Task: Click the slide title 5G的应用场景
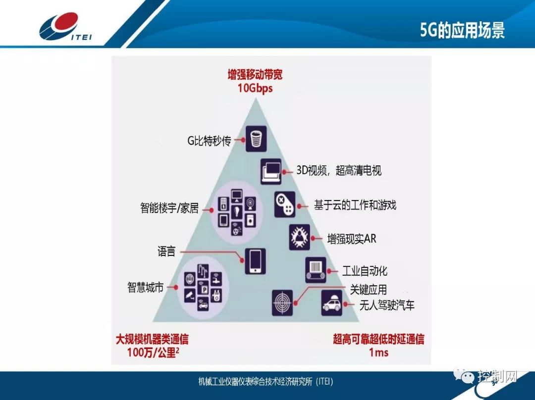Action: [462, 30]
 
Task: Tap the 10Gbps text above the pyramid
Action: [255, 89]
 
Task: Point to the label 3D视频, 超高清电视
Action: [339, 171]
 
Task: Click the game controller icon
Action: [285, 204]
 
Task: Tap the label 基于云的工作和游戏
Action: [355, 204]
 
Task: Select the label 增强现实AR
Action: [352, 239]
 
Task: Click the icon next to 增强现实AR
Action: [300, 237]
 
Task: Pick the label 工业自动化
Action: [365, 271]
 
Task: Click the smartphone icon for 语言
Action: [255, 261]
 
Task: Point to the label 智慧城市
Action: [145, 288]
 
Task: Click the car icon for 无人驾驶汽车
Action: [331, 302]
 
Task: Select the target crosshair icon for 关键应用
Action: [282, 303]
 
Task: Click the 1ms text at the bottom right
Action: [378, 352]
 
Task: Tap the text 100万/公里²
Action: [152, 353]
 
